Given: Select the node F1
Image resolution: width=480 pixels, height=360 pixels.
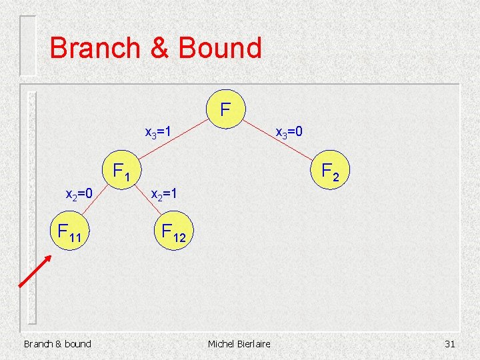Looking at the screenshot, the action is pyautogui.click(x=121, y=172).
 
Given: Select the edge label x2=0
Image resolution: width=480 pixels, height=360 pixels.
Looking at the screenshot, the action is pyautogui.click(x=82, y=195).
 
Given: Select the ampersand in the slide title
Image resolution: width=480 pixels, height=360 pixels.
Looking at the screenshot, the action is pyautogui.click(x=157, y=48).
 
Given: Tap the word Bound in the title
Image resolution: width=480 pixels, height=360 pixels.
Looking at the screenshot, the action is pyautogui.click(x=219, y=48).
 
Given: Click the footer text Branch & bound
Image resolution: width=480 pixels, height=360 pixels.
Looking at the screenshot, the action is pyautogui.click(x=57, y=343).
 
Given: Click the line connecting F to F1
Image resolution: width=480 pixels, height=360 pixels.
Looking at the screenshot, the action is pyautogui.click(x=173, y=141).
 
